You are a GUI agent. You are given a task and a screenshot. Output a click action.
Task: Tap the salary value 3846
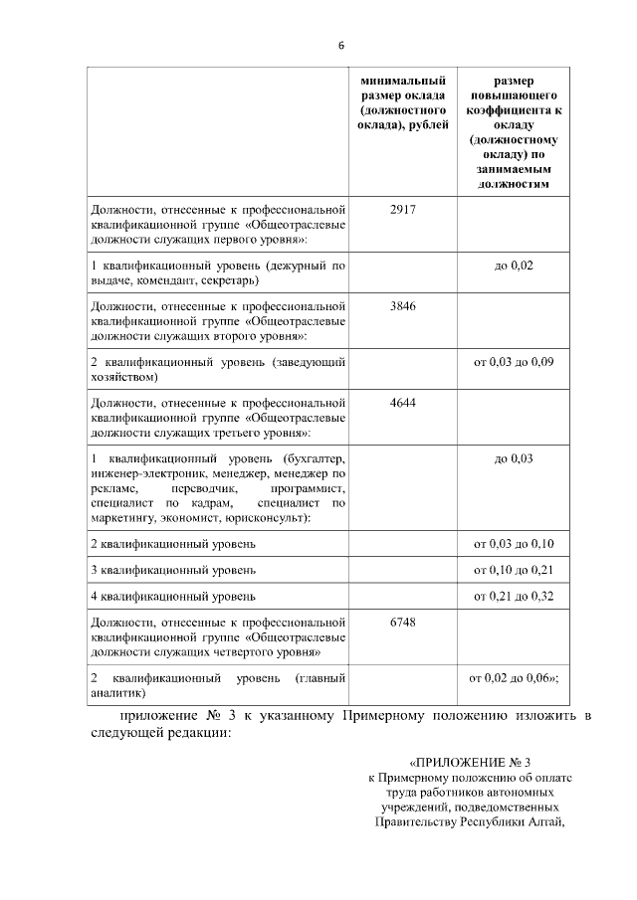(403, 305)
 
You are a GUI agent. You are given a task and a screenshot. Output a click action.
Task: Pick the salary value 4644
(403, 402)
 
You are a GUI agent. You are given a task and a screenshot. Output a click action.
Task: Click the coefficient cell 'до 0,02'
(514, 266)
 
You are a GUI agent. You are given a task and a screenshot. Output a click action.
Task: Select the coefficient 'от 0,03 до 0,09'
(514, 362)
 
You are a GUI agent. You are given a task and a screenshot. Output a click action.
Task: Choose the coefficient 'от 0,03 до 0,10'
(514, 544)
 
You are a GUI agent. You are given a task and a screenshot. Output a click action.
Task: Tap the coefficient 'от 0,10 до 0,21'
(514, 570)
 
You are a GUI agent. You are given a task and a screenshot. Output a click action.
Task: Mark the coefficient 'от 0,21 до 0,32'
(514, 597)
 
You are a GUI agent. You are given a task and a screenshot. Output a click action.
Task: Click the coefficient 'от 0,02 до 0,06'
(512, 678)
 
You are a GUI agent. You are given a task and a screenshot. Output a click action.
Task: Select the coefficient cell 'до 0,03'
(514, 458)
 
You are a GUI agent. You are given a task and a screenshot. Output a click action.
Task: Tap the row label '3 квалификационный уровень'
(173, 570)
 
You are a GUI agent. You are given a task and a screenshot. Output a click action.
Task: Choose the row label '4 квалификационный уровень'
(173, 597)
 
